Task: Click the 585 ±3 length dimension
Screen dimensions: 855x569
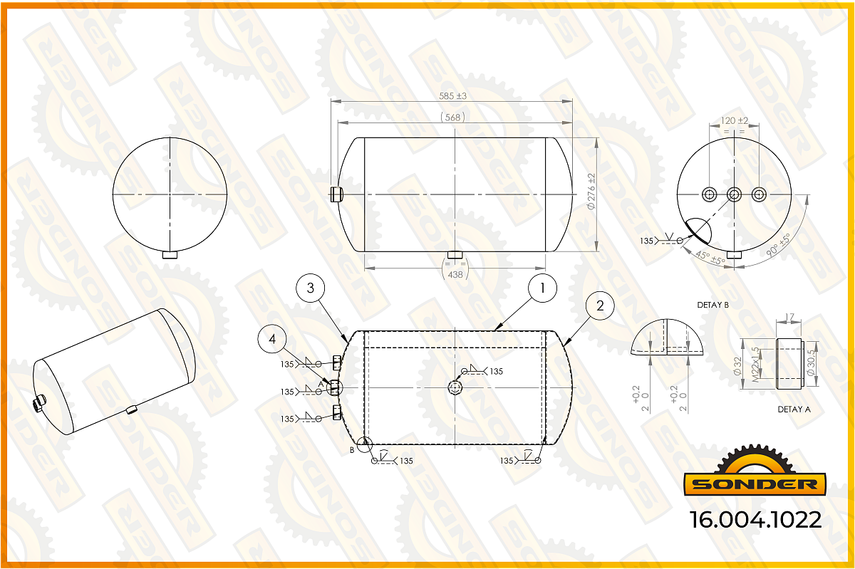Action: pos(452,96)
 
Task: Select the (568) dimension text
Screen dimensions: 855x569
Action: pos(452,118)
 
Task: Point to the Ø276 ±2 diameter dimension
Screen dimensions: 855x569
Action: pos(591,192)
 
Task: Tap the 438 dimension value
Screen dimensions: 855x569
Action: pos(455,274)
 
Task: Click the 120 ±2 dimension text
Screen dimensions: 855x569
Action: pos(734,120)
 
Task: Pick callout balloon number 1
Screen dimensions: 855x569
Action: pos(542,288)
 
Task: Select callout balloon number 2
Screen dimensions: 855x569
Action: pos(600,306)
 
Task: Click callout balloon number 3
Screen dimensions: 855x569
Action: pos(311,288)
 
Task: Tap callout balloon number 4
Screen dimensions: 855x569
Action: pos(272,339)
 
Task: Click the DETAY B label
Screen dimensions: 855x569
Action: pos(712,305)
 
